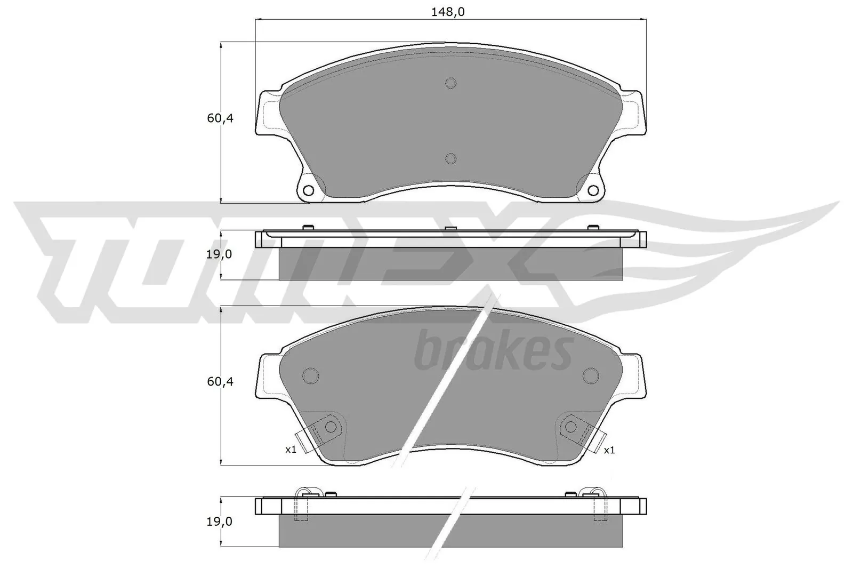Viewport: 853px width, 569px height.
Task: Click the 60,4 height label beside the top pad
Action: (x=220, y=118)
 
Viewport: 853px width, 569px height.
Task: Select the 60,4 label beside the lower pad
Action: (x=220, y=382)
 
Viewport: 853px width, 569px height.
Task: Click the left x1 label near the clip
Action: (x=290, y=450)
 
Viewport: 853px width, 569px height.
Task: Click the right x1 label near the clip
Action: (x=609, y=450)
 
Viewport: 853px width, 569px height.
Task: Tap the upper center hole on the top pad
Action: (x=450, y=83)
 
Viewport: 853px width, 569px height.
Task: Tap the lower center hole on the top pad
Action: (x=450, y=158)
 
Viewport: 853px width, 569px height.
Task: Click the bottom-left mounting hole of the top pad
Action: (x=308, y=191)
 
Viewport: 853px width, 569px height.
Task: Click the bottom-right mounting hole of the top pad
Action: (x=593, y=191)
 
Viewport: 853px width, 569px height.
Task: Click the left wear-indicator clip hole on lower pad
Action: (x=331, y=427)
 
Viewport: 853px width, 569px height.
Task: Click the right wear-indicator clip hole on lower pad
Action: (x=571, y=427)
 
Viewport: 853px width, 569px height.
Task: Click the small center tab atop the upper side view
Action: (x=450, y=229)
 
